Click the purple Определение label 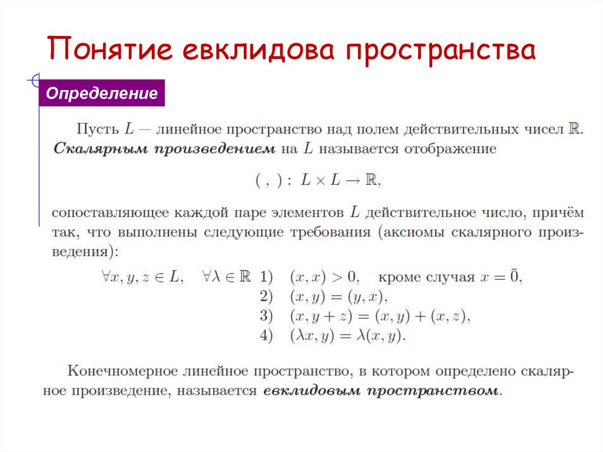102,94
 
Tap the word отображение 450,149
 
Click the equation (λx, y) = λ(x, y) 348,336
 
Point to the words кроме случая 426,277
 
